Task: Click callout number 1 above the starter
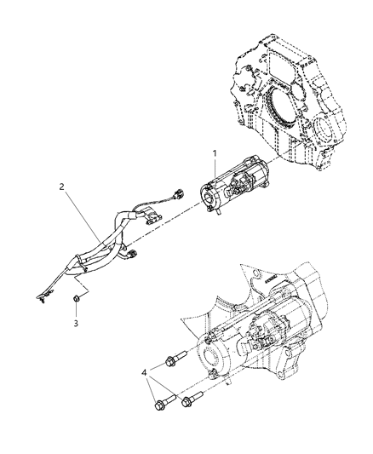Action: click(x=215, y=152)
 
